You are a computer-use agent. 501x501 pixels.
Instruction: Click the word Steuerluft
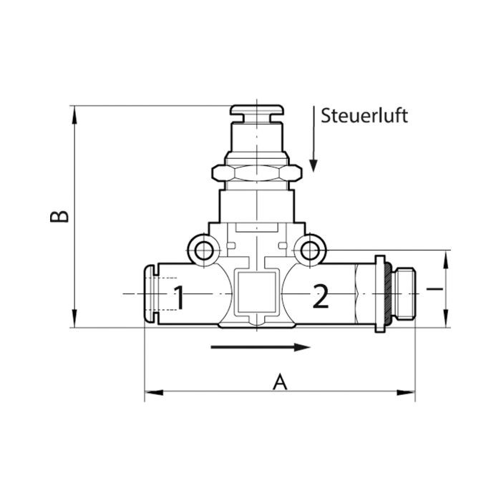click(x=364, y=115)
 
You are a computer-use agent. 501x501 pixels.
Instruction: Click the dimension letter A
click(x=280, y=381)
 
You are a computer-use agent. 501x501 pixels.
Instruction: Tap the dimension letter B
click(x=59, y=216)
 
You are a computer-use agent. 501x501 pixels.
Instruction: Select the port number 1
click(x=179, y=298)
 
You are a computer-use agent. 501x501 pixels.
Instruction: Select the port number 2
click(x=321, y=297)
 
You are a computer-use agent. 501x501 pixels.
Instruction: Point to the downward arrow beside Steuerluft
click(x=313, y=140)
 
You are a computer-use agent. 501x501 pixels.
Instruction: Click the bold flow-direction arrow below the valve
click(x=261, y=347)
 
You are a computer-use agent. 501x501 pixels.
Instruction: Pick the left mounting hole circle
click(x=204, y=250)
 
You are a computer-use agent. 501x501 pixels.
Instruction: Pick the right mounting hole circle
click(x=310, y=250)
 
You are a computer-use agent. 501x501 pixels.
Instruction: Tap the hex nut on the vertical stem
click(x=256, y=173)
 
